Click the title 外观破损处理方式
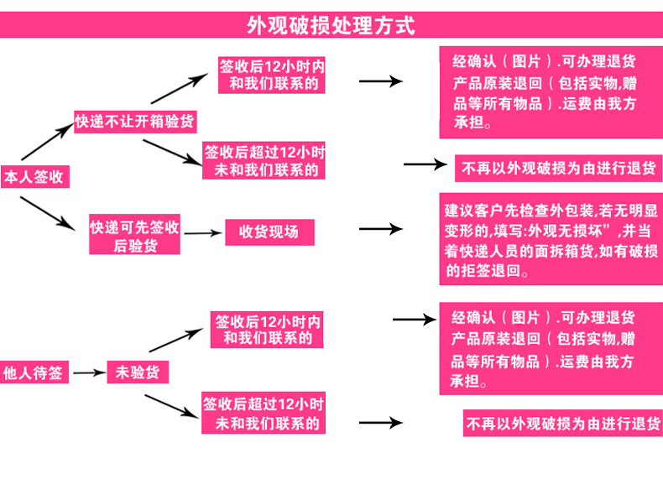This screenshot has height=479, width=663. click(331, 25)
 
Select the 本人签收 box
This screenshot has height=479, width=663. click(34, 177)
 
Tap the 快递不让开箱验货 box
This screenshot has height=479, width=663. click(134, 121)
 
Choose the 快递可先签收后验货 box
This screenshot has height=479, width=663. click(135, 236)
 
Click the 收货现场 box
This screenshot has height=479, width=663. click(269, 232)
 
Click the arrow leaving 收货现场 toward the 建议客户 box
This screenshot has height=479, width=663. click(381, 229)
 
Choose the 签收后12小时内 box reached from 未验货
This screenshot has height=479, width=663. click(268, 330)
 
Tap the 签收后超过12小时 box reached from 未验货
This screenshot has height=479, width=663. click(264, 413)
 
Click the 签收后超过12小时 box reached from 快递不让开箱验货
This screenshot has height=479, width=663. click(264, 161)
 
